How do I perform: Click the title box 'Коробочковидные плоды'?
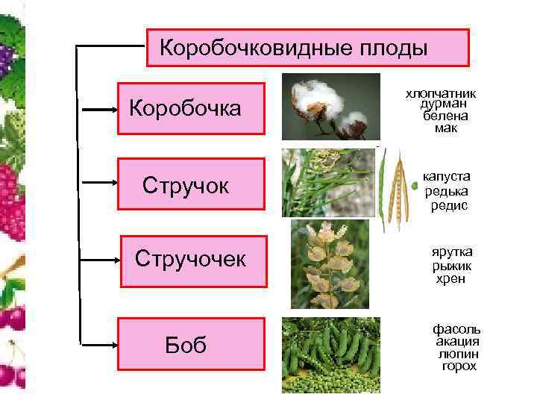(307, 49)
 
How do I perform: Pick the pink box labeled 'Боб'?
(192, 345)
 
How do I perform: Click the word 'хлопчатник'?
(441, 94)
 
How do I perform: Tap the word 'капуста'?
(446, 177)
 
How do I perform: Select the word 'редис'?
(449, 205)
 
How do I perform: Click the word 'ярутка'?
(452, 252)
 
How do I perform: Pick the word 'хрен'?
(450, 279)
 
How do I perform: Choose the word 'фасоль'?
(457, 329)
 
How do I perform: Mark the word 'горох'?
(458, 366)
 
